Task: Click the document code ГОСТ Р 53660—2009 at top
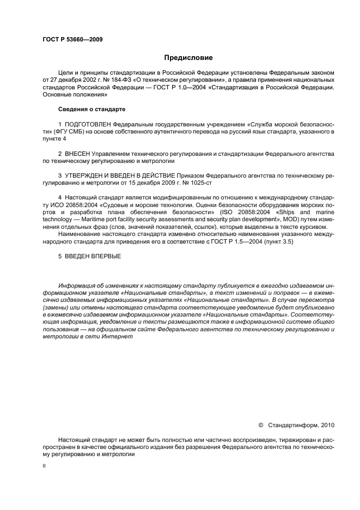click(72, 39)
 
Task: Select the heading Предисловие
click(188, 57)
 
